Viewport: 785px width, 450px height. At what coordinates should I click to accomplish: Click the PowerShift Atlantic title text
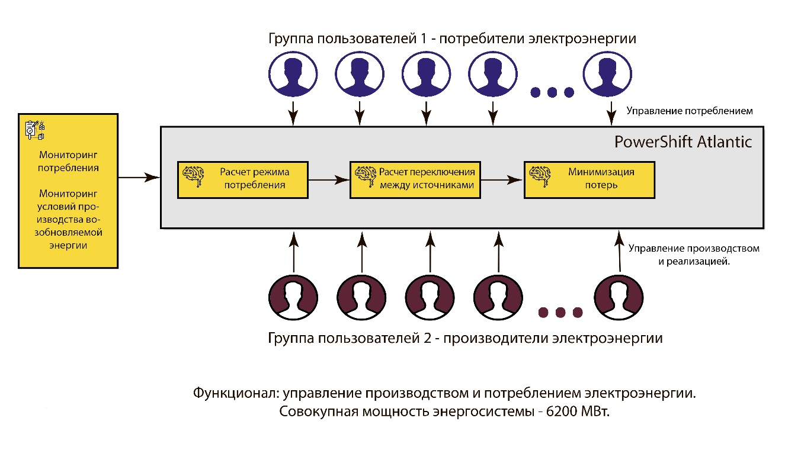click(683, 142)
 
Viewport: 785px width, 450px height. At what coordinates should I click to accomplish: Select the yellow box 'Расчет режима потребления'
click(243, 178)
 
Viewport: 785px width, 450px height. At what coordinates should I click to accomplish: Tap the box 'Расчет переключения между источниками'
click(415, 178)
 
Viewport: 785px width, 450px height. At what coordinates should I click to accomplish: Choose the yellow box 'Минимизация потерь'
click(589, 178)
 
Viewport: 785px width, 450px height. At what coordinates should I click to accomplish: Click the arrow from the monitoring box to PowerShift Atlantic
click(139, 176)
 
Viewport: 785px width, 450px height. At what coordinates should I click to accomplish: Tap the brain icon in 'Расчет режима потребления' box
click(193, 173)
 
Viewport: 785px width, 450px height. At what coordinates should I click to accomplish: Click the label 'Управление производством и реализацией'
click(694, 254)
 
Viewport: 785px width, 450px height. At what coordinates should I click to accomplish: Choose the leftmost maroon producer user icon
click(293, 295)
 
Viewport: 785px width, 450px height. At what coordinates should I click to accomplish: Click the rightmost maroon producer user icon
click(619, 295)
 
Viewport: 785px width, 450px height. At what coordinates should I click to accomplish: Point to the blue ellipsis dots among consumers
click(552, 92)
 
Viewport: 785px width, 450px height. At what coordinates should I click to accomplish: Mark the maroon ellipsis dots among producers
click(560, 311)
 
